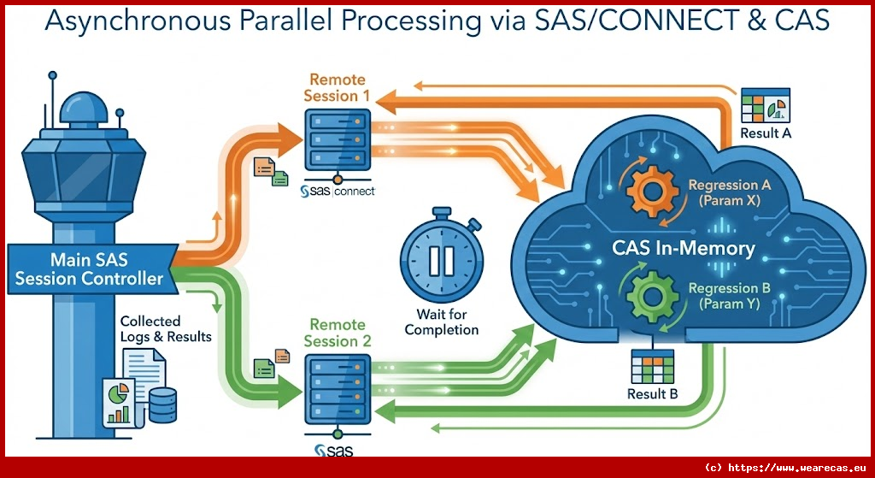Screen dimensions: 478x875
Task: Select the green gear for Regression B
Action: (x=650, y=295)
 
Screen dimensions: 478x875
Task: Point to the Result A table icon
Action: (x=763, y=107)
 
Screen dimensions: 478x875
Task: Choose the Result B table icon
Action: (x=653, y=369)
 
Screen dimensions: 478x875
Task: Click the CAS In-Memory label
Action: (x=684, y=248)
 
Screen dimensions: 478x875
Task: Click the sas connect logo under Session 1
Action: (x=338, y=192)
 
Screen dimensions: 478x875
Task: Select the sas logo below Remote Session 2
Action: (x=333, y=450)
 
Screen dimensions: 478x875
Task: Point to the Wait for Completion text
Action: (x=442, y=322)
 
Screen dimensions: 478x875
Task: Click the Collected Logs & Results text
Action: (x=165, y=328)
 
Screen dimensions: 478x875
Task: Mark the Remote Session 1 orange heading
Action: (x=337, y=87)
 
